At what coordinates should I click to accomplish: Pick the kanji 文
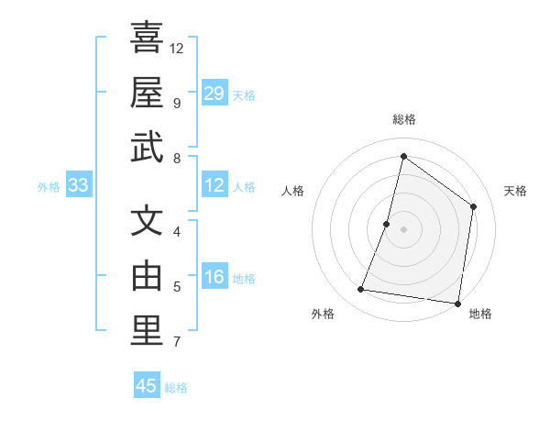pyautogui.click(x=147, y=221)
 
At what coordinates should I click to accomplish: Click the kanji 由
pyautogui.click(x=147, y=275)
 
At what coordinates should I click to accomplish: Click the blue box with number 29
pyautogui.click(x=214, y=93)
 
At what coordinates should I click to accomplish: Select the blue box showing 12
pyautogui.click(x=214, y=185)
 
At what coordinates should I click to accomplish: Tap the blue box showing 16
pyautogui.click(x=214, y=278)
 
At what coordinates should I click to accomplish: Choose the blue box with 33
pyautogui.click(x=79, y=185)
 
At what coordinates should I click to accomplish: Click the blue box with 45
pyautogui.click(x=147, y=386)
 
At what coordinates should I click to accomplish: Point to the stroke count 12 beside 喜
pyautogui.click(x=177, y=48)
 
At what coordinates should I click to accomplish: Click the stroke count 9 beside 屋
pyautogui.click(x=176, y=103)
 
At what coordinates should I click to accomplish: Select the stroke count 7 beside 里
pyautogui.click(x=176, y=343)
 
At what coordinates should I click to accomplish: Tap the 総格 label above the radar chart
pyautogui.click(x=403, y=119)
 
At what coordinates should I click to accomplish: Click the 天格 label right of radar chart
pyautogui.click(x=515, y=191)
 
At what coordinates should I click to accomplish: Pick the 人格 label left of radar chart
pyautogui.click(x=292, y=191)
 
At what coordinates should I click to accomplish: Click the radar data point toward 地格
pyautogui.click(x=457, y=304)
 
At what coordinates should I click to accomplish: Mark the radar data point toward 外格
pyautogui.click(x=361, y=290)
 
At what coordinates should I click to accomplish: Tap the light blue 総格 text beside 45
pyautogui.click(x=176, y=387)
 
